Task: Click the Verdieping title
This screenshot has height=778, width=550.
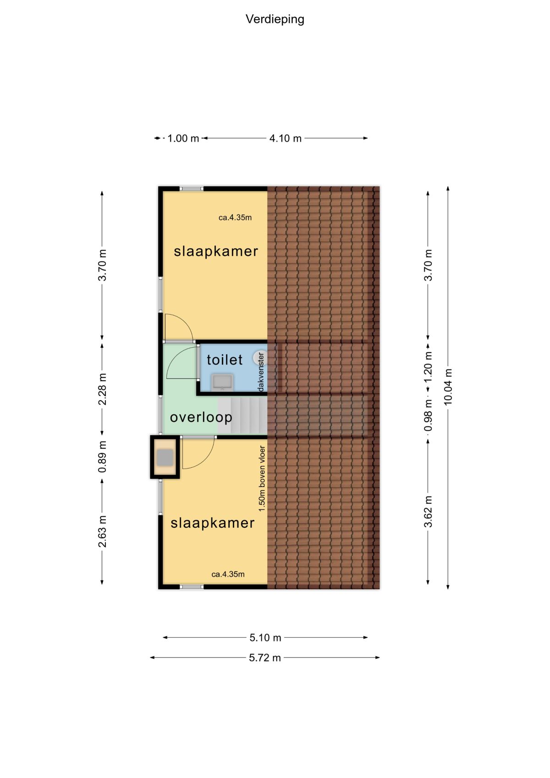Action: pyautogui.click(x=275, y=19)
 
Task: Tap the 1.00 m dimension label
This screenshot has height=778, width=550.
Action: pyautogui.click(x=183, y=138)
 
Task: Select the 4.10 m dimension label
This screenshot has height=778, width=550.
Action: pyautogui.click(x=285, y=138)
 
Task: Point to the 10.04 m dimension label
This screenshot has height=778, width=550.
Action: pyautogui.click(x=448, y=386)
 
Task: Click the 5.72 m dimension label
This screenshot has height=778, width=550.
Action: pyautogui.click(x=264, y=658)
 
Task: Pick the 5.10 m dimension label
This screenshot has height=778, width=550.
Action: pyautogui.click(x=265, y=638)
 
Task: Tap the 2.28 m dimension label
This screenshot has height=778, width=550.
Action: pyautogui.click(x=102, y=389)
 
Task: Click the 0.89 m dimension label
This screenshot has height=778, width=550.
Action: pyautogui.click(x=102, y=457)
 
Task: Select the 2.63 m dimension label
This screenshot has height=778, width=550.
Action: pyautogui.click(x=102, y=531)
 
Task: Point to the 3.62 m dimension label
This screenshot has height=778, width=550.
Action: pyautogui.click(x=428, y=512)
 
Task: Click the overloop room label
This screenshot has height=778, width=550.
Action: pyautogui.click(x=201, y=417)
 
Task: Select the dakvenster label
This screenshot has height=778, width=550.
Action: pyautogui.click(x=261, y=372)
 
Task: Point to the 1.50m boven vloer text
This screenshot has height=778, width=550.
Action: pyautogui.click(x=262, y=479)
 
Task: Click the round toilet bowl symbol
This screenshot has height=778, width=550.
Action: pyautogui.click(x=258, y=358)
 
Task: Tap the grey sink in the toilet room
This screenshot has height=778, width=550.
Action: pyautogui.click(x=223, y=382)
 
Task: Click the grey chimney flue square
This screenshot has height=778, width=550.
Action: pyautogui.click(x=165, y=458)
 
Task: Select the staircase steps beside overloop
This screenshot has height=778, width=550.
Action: pyautogui.click(x=242, y=416)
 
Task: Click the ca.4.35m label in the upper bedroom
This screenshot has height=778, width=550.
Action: pyautogui.click(x=235, y=218)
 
